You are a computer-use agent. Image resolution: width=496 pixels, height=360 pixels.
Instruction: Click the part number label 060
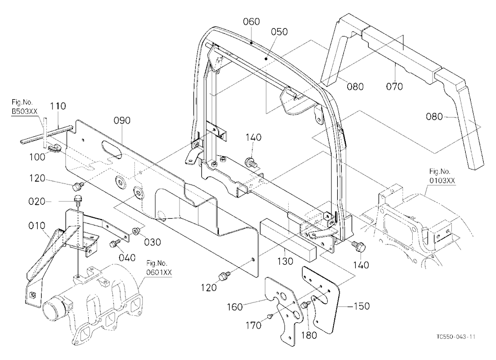[251, 21]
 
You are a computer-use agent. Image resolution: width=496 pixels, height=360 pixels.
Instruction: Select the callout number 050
[280, 32]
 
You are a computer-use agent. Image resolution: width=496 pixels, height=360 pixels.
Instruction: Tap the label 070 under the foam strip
[394, 86]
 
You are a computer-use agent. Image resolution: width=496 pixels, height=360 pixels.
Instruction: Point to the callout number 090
[122, 120]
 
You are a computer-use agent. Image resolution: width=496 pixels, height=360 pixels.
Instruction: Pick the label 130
[285, 261]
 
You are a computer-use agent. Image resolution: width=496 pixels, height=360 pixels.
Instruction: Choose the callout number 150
[361, 306]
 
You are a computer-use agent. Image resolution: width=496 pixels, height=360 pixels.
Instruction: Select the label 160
[235, 306]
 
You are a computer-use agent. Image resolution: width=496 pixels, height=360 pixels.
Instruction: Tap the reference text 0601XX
[159, 272]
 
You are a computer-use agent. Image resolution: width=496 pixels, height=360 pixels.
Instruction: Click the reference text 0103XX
[442, 180]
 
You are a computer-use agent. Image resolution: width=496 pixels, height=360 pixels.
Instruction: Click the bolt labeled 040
[114, 243]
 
